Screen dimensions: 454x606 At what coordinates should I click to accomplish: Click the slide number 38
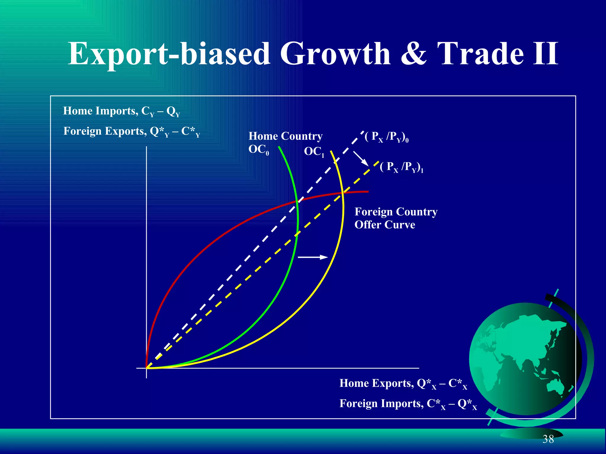click(x=548, y=439)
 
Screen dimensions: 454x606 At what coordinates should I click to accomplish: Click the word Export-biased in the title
click(x=169, y=54)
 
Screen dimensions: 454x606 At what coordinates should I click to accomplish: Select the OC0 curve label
click(x=259, y=150)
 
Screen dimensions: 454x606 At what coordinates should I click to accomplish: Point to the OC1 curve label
click(x=314, y=152)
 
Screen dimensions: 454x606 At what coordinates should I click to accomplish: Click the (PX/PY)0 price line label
click(x=386, y=137)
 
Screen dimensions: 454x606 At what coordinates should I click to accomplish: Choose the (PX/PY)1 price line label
click(x=402, y=167)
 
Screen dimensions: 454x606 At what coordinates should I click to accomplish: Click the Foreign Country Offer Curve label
click(x=396, y=218)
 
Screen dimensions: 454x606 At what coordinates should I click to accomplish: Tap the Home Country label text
click(x=285, y=136)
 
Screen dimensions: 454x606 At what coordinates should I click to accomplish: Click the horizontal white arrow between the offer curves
click(x=313, y=257)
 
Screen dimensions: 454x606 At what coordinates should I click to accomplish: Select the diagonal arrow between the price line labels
click(x=361, y=159)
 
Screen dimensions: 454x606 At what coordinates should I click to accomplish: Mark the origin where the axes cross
click(x=146, y=368)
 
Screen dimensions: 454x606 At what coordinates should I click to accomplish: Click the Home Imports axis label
click(x=121, y=111)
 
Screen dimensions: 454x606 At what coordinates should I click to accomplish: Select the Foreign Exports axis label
click(x=132, y=131)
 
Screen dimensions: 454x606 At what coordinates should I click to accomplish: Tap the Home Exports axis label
click(x=403, y=383)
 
